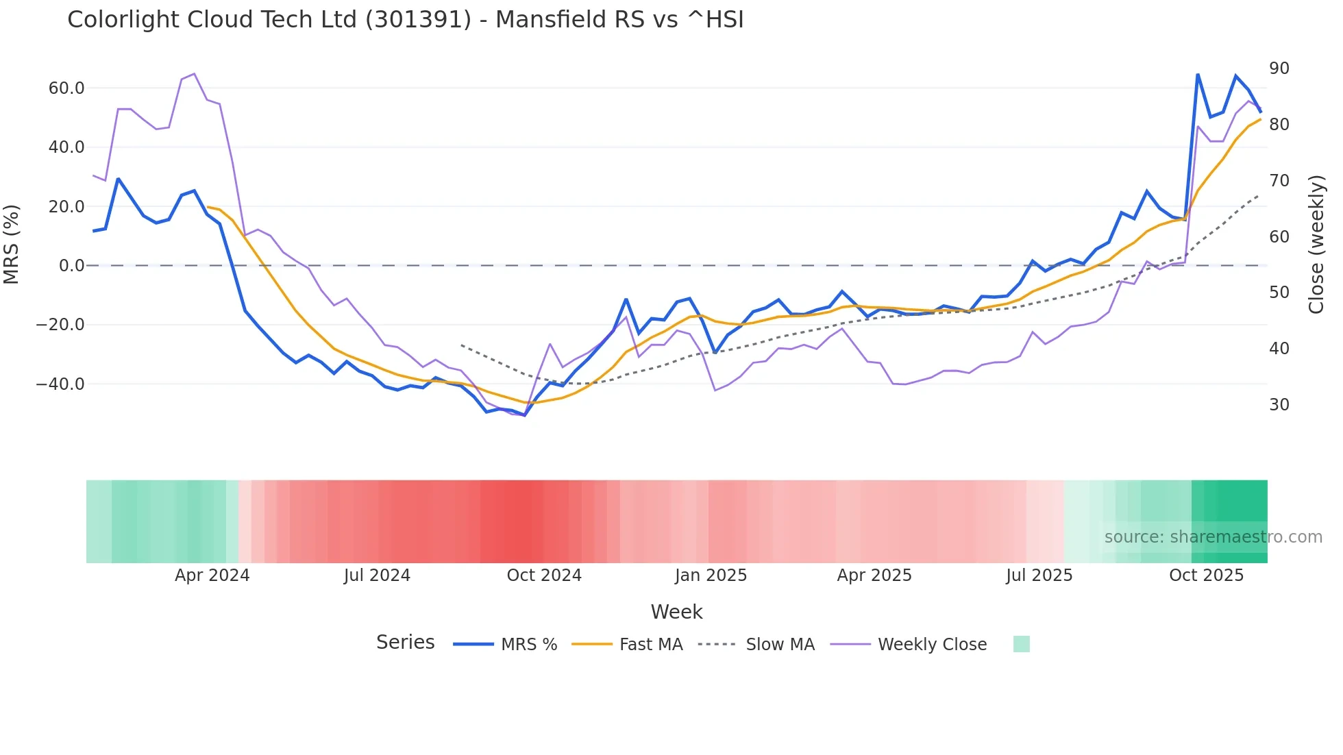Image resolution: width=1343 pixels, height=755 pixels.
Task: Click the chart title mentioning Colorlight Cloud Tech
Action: tap(405, 20)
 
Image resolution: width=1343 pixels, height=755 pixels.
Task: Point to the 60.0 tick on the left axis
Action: tap(66, 88)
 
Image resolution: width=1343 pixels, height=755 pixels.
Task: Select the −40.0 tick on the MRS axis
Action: tap(61, 384)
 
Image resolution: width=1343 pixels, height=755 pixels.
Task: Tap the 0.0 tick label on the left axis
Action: tap(72, 265)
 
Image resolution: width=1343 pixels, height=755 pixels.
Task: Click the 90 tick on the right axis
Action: tap(1279, 69)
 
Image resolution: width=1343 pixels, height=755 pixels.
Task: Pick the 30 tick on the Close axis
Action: tap(1279, 405)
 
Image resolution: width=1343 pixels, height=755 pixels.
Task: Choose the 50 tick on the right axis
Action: tap(1279, 293)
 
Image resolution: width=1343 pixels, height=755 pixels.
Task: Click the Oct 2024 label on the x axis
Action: tap(544, 575)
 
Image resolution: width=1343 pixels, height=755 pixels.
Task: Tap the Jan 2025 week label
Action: tap(711, 575)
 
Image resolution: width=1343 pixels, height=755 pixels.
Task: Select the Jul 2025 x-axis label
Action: tap(1039, 575)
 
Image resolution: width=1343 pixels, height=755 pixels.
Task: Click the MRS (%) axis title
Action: tap(12, 245)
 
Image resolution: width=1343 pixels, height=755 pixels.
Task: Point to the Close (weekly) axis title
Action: tap(1316, 245)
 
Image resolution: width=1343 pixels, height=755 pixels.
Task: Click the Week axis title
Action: tap(676, 612)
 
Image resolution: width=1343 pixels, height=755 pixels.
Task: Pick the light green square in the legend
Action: tap(1021, 644)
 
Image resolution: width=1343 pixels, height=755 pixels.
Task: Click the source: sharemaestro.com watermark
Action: tap(1213, 537)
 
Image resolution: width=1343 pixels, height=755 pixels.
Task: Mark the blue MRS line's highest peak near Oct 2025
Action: tap(1197, 74)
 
